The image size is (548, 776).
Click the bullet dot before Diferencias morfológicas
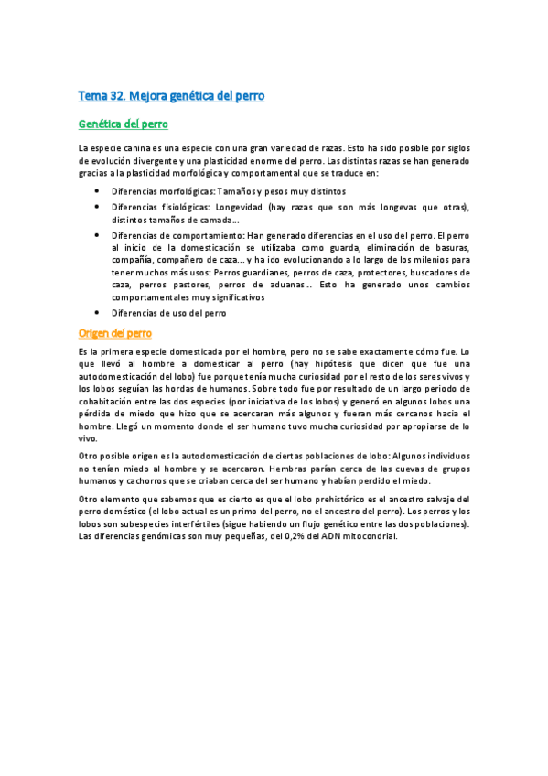97,191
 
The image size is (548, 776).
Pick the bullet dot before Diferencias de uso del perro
97,313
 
